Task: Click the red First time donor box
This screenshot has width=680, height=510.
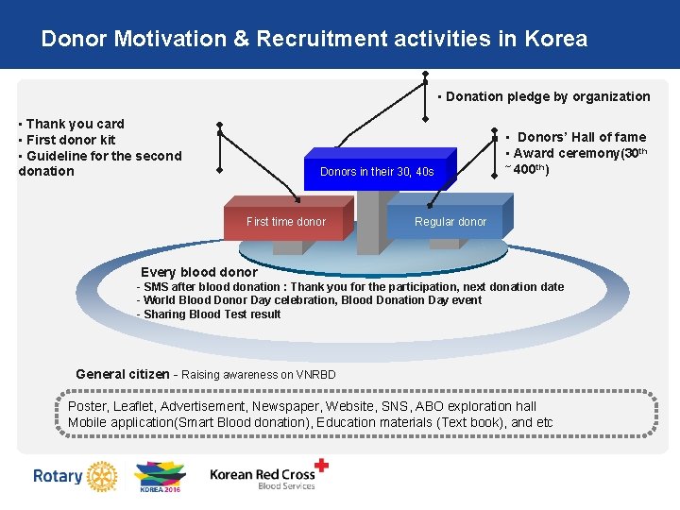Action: point(285,222)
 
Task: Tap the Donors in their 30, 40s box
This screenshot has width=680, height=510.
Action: point(377,172)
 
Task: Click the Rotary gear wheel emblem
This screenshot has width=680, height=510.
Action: point(98,476)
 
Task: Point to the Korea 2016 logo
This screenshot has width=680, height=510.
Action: point(159,476)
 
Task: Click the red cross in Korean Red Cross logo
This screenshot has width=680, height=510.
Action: point(322,465)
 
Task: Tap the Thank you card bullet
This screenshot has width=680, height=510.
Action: point(72,124)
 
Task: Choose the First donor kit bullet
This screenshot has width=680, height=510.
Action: point(67,140)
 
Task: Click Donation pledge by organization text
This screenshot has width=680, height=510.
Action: point(545,96)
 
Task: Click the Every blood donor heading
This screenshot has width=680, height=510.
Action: point(198,272)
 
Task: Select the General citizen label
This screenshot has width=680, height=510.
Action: point(123,374)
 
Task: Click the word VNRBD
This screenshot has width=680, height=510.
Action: point(315,375)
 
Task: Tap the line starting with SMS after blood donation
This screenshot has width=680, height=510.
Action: point(350,287)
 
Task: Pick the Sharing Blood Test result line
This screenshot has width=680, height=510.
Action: point(209,314)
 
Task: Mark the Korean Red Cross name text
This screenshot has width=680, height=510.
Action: point(262,475)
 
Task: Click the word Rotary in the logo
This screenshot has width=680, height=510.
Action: point(58,476)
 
